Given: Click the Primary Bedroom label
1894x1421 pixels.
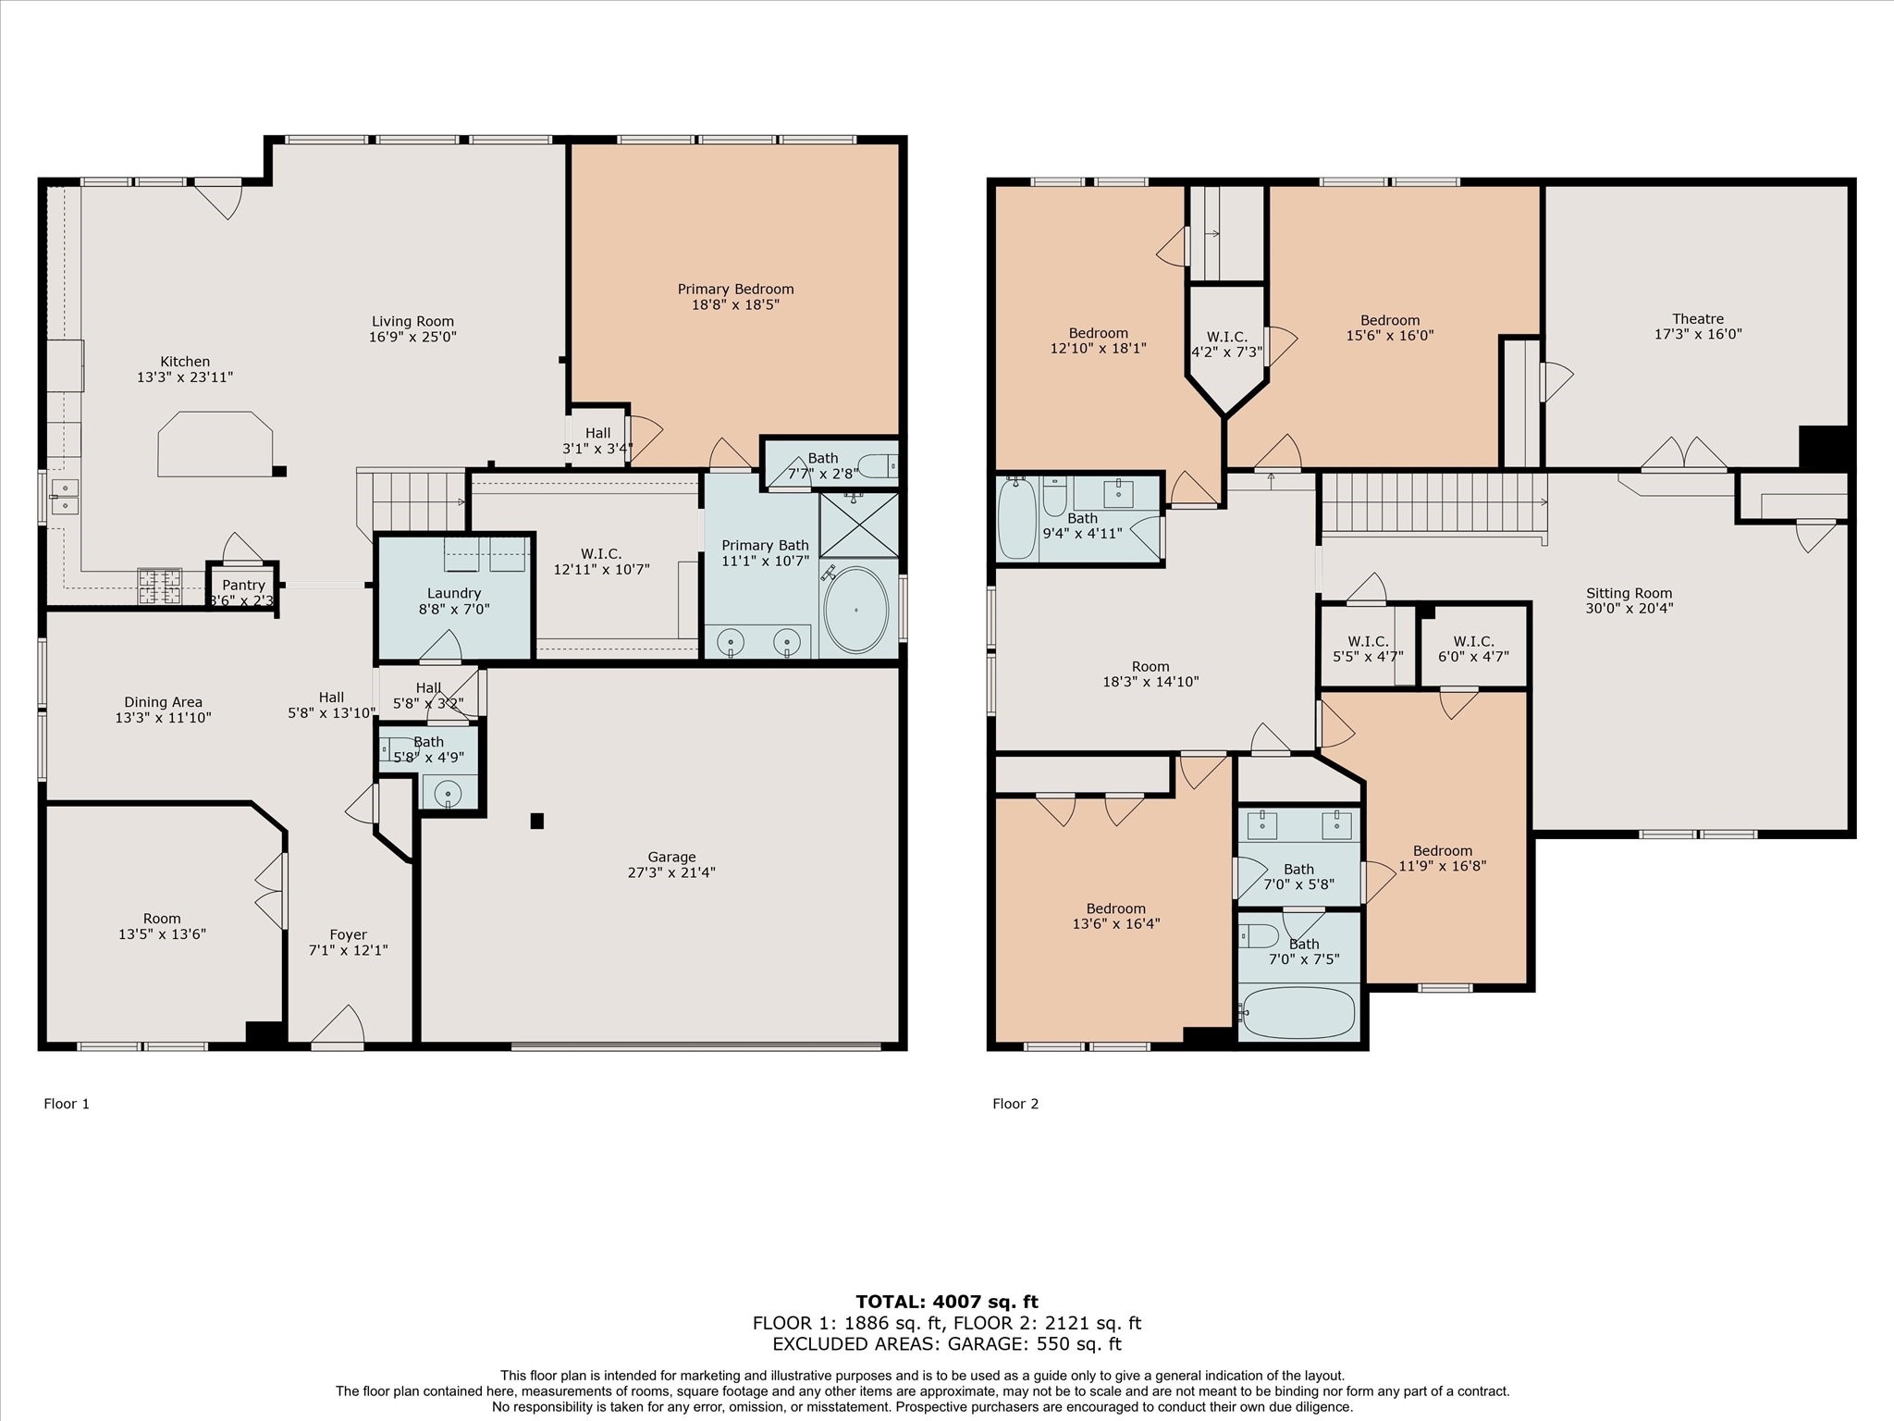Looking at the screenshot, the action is click(x=735, y=289).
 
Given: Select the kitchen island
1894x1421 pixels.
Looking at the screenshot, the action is click(x=215, y=444).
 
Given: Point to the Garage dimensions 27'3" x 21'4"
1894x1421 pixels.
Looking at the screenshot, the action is click(x=671, y=872).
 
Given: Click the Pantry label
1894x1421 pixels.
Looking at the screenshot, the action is click(x=243, y=585).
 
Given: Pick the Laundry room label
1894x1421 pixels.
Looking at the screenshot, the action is click(x=454, y=593).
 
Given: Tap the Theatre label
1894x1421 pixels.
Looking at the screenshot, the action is click(x=1698, y=319).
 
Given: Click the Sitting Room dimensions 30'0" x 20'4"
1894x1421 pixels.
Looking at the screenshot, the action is click(x=1630, y=609).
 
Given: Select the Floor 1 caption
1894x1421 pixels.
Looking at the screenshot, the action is click(x=67, y=1104).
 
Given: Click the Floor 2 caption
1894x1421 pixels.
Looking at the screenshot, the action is click(x=1015, y=1104).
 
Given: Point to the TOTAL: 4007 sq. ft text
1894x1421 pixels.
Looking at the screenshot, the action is click(x=947, y=1303).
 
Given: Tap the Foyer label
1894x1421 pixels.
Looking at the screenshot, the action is click(x=349, y=935).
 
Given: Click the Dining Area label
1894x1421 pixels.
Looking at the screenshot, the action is click(x=164, y=702).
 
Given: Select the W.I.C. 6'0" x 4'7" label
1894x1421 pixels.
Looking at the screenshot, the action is click(x=1473, y=649).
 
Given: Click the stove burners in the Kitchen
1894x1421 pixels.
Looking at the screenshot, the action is click(x=159, y=587).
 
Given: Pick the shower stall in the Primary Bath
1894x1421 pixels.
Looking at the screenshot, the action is click(x=859, y=525).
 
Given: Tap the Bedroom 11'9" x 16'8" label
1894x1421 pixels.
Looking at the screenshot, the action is click(x=1443, y=859).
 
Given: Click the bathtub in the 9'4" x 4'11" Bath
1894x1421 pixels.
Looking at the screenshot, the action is click(x=1017, y=518).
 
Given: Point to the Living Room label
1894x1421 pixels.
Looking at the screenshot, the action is click(x=412, y=322).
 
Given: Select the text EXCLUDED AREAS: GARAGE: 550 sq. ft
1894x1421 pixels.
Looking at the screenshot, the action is click(x=947, y=1344).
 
